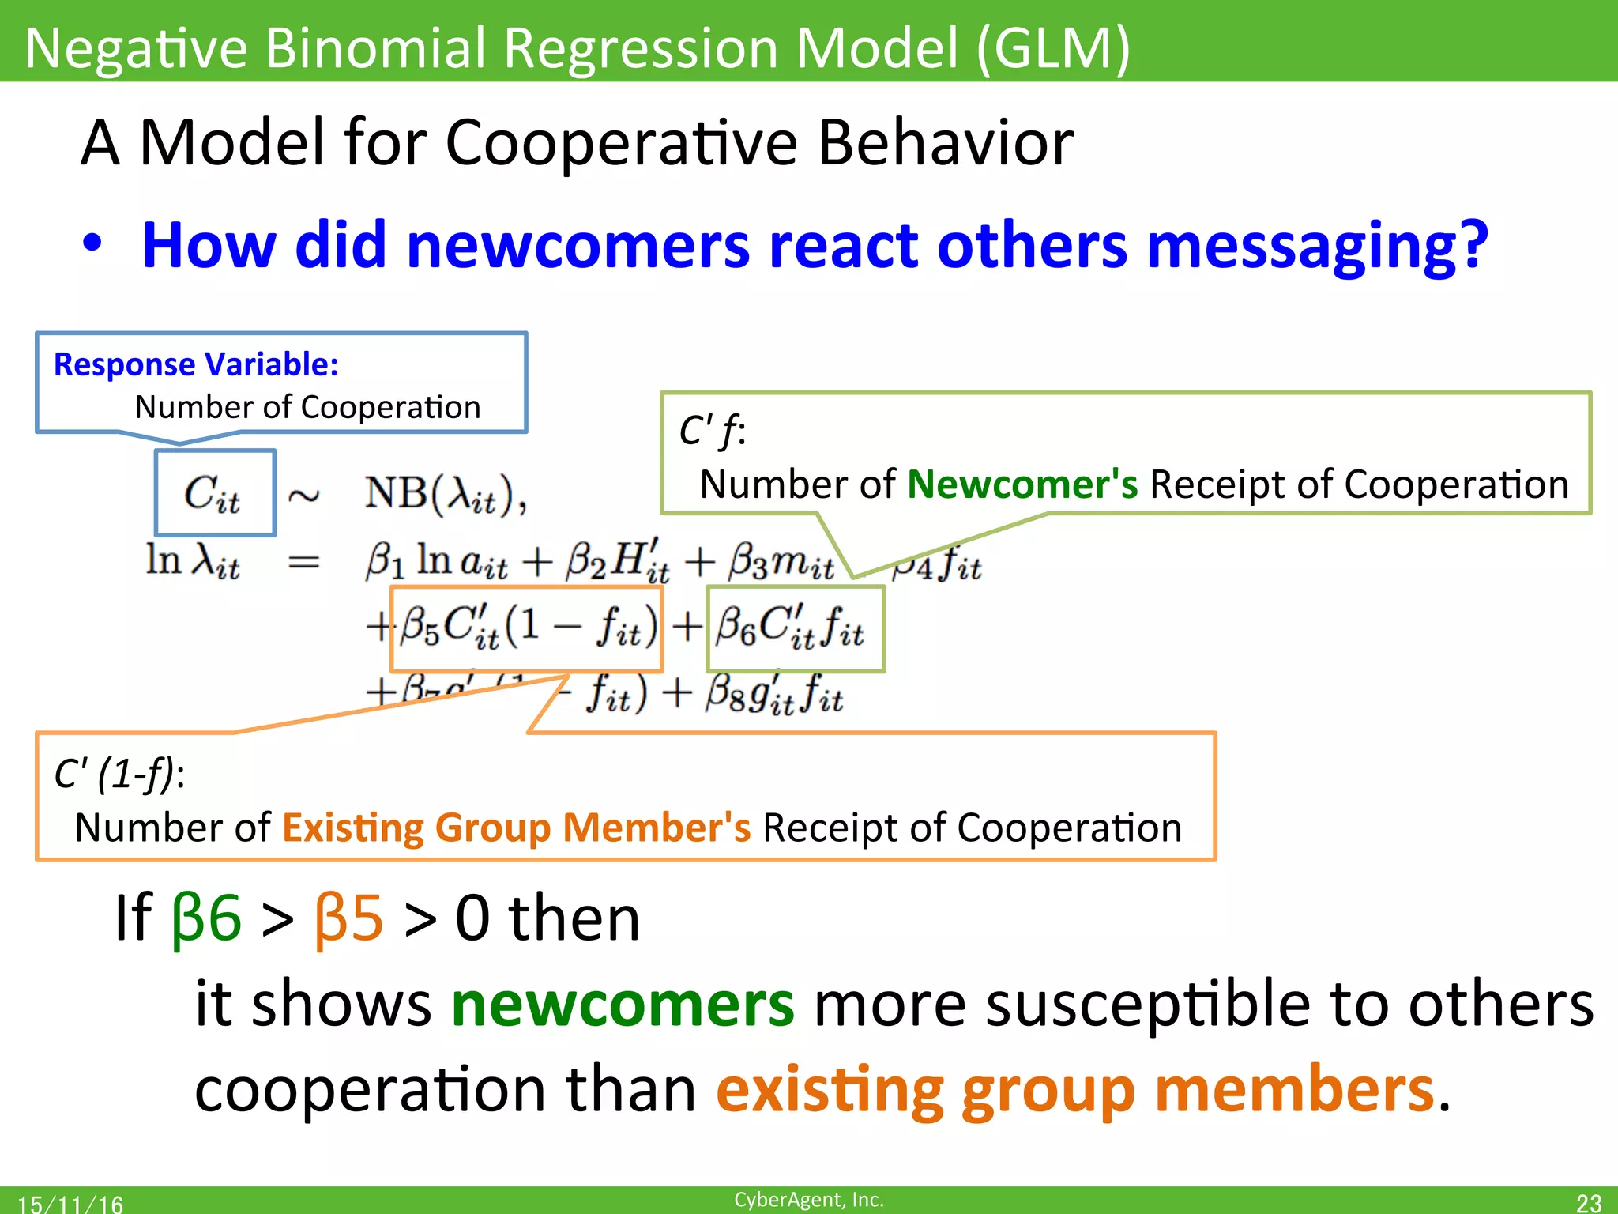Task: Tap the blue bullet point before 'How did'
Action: [x=92, y=244]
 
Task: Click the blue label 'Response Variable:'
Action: [x=196, y=364]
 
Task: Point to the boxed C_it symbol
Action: [x=213, y=493]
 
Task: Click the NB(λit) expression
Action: [x=445, y=495]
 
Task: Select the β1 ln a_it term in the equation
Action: [x=436, y=562]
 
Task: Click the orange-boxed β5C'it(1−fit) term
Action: [x=527, y=628]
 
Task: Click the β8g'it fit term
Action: [x=774, y=696]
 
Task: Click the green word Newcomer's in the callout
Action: [x=1022, y=484]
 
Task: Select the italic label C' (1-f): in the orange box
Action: [x=119, y=774]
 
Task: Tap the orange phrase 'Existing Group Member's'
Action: [x=516, y=828]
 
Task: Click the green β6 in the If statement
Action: [x=206, y=918]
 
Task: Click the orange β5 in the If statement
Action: [x=348, y=918]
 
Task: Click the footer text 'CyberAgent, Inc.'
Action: [x=808, y=1199]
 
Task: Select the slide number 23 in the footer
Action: [x=1588, y=1202]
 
